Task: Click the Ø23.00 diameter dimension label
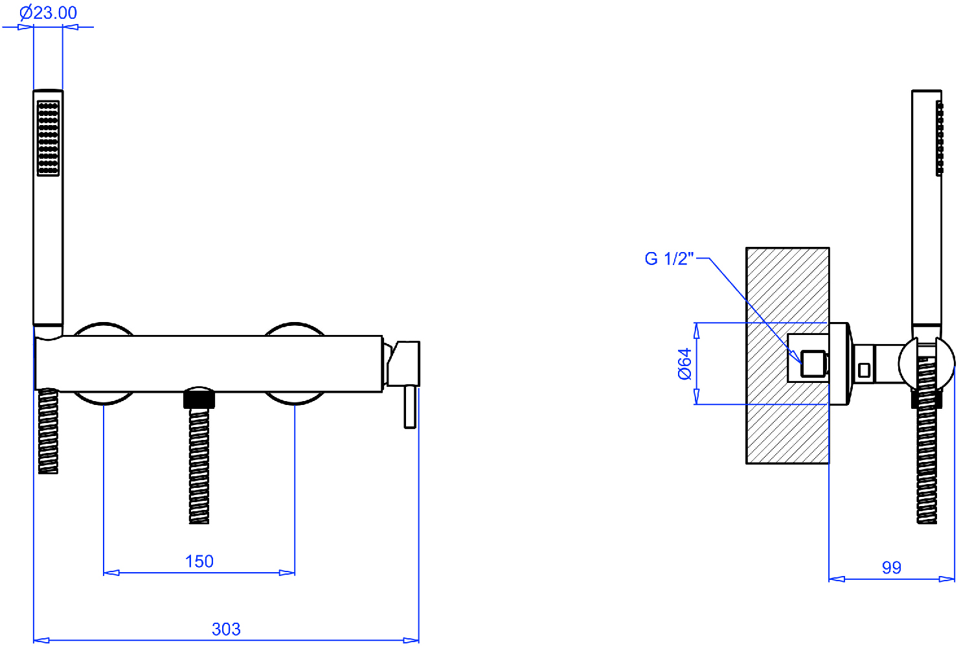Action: [x=48, y=13]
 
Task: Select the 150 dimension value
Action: [x=199, y=561]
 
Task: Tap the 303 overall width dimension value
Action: [x=226, y=629]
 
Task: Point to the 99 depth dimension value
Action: [x=892, y=568]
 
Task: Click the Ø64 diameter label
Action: [x=684, y=363]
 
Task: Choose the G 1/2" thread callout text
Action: [x=670, y=259]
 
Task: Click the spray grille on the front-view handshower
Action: [x=48, y=138]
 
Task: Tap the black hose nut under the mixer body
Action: [x=199, y=398]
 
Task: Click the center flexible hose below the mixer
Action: [x=199, y=466]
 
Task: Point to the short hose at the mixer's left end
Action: [x=48, y=432]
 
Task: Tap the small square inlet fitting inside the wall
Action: [x=813, y=363]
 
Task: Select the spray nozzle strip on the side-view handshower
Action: [x=939, y=138]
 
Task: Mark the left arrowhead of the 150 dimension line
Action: [x=111, y=573]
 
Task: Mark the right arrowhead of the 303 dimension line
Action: [x=411, y=640]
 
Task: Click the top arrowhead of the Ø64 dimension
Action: [x=696, y=330]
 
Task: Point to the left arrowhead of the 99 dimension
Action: [x=837, y=579]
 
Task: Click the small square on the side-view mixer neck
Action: [x=864, y=370]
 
